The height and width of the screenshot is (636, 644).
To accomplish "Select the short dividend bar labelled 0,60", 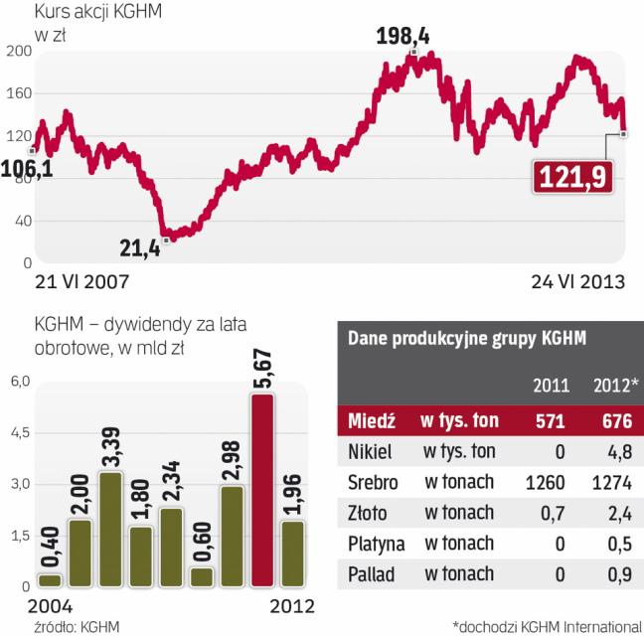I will click(x=201, y=577).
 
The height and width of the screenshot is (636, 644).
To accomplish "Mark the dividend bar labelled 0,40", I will click(x=49, y=581).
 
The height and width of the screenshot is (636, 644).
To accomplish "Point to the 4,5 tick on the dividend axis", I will click(x=19, y=433).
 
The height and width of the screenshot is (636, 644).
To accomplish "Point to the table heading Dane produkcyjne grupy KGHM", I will click(x=466, y=338).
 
